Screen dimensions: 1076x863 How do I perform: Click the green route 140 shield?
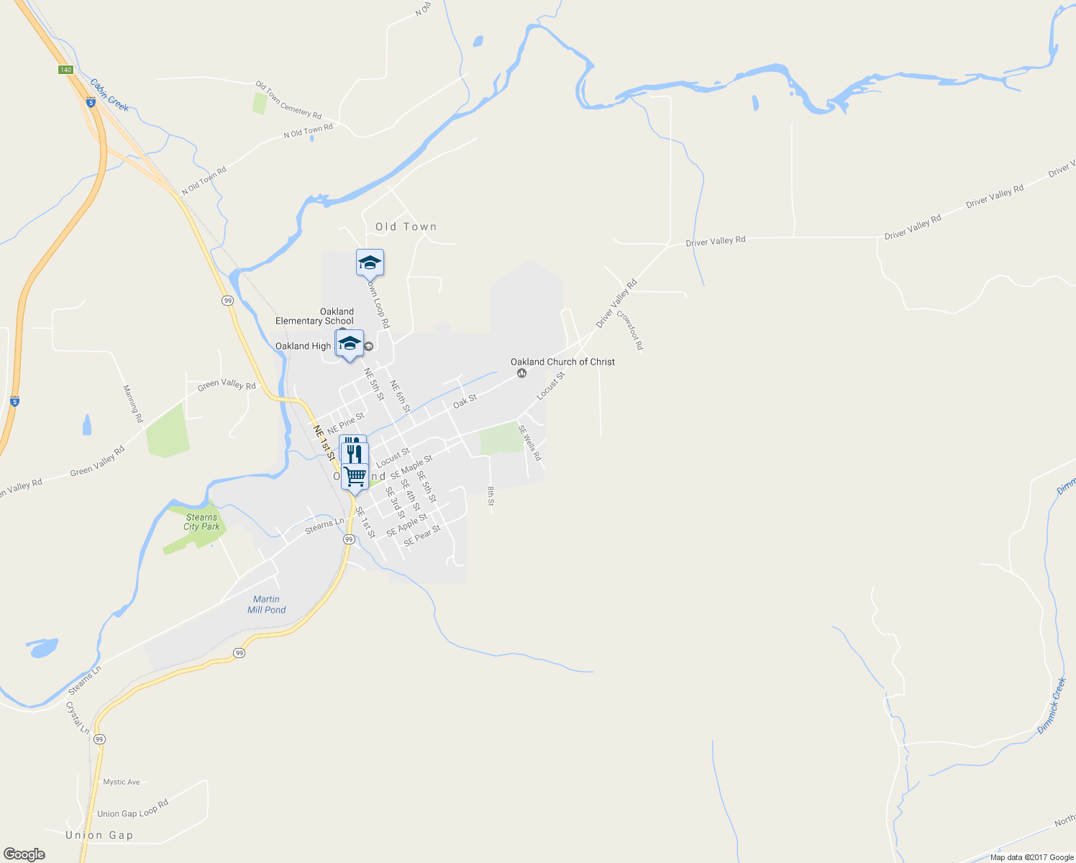coord(65,70)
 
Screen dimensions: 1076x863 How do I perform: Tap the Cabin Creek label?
coord(109,95)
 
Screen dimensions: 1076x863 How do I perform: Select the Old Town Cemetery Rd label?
coord(288,100)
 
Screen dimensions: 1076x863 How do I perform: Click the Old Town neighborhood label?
coord(406,227)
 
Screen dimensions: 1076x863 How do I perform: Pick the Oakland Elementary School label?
coord(314,316)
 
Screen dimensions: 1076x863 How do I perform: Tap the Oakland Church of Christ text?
coord(562,362)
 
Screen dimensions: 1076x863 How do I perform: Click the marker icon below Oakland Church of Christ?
coord(521,373)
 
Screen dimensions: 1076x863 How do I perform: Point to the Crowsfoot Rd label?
coord(629,331)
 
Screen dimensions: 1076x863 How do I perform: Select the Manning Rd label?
coord(133,403)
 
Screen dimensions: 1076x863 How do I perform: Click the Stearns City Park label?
coord(201,522)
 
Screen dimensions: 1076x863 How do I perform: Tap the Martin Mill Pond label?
coord(266,604)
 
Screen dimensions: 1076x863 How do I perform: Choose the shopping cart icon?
coord(355,475)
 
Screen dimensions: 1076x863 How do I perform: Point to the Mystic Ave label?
coord(122,782)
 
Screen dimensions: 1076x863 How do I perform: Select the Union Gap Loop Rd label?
coord(133,808)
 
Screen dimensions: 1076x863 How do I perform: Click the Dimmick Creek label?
coord(1052,706)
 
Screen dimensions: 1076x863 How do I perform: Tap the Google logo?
coord(24,854)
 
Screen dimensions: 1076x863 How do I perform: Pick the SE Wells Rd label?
coord(530,443)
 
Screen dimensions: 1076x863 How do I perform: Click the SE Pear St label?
coord(422,536)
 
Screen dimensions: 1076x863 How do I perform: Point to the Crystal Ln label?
coord(78,718)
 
